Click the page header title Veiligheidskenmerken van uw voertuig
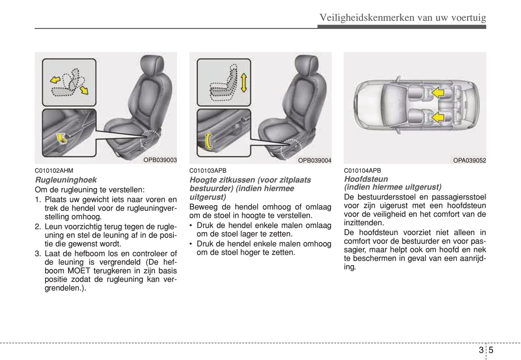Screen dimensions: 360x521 pos(402,18)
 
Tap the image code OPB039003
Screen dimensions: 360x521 pos(160,160)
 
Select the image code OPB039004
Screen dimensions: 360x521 pos(314,161)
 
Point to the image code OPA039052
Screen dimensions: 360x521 pos(469,161)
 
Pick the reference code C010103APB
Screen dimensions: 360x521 pos(208,171)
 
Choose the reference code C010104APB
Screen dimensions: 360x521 pos(362,171)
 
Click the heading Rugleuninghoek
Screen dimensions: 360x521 pos(66,180)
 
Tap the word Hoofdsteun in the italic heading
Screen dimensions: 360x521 pos(366,179)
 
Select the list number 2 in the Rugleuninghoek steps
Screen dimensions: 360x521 pos(38,227)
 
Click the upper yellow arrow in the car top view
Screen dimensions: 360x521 pos(438,93)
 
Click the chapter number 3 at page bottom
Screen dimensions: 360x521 pos(481,350)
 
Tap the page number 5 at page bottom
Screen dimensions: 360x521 pos(491,350)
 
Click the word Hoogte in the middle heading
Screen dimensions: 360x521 pos(202,180)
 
